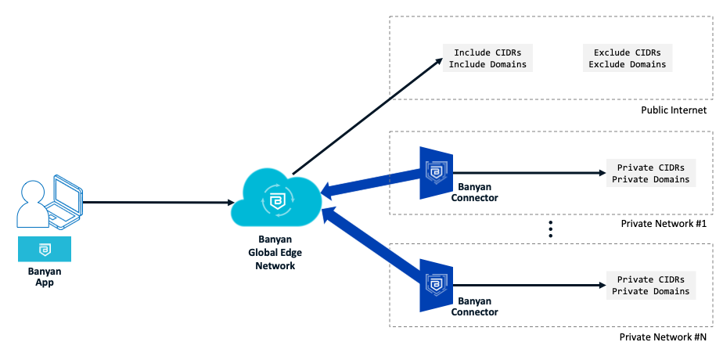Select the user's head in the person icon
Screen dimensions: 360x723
coord(34,192)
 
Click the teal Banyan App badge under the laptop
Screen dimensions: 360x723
coord(45,249)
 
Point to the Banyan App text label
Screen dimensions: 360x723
coord(45,277)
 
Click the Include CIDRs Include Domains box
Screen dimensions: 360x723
coord(487,59)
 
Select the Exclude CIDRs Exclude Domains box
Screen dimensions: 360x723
coord(628,59)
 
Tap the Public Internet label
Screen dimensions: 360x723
coord(674,110)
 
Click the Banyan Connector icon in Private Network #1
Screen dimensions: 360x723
coord(435,172)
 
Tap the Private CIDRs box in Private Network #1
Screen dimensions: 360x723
coord(651,174)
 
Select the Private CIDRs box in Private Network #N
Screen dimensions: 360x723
coord(651,286)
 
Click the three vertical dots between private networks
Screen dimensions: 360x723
coord(551,229)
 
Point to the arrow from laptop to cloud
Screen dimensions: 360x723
coord(156,203)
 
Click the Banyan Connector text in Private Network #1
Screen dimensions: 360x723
coord(474,193)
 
